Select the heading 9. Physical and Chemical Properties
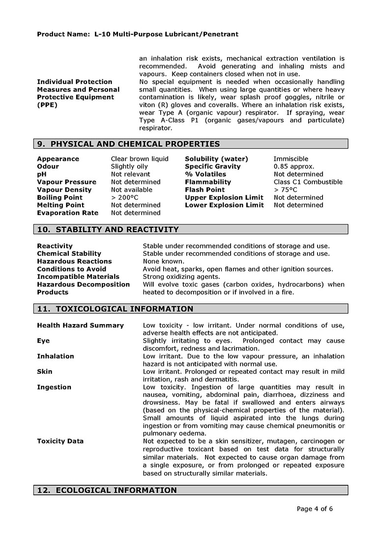click(x=128, y=144)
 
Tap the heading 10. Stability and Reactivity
click(x=108, y=230)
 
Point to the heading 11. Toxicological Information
click(x=115, y=309)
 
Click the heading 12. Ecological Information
click(x=107, y=491)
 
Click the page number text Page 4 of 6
click(x=315, y=509)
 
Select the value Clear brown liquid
click(x=140, y=159)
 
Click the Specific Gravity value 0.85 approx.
click(x=294, y=167)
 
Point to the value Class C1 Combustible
click(x=308, y=182)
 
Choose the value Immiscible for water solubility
click(x=291, y=159)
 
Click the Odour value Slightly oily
click(x=129, y=167)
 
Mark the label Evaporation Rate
click(x=68, y=213)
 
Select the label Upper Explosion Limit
click(x=224, y=198)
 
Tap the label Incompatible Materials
click(x=78, y=277)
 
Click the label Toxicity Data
click(x=60, y=441)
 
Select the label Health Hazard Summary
click(x=81, y=326)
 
